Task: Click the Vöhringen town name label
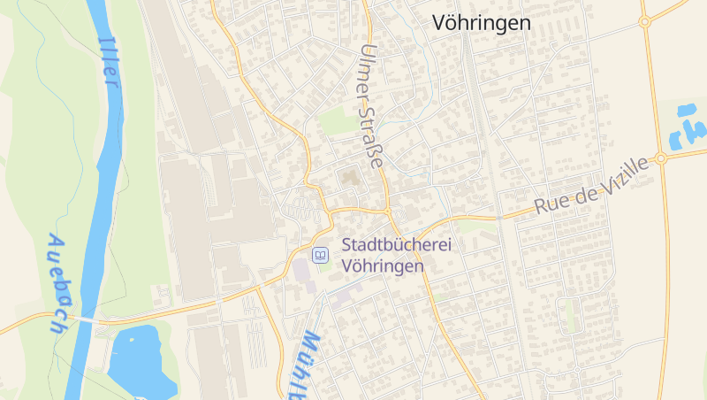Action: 482,24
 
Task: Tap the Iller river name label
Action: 109,61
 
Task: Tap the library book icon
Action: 321,255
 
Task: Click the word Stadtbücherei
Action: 396,245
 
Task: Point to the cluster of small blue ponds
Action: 687,127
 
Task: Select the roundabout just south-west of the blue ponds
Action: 661,158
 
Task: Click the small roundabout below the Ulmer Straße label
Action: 388,213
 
